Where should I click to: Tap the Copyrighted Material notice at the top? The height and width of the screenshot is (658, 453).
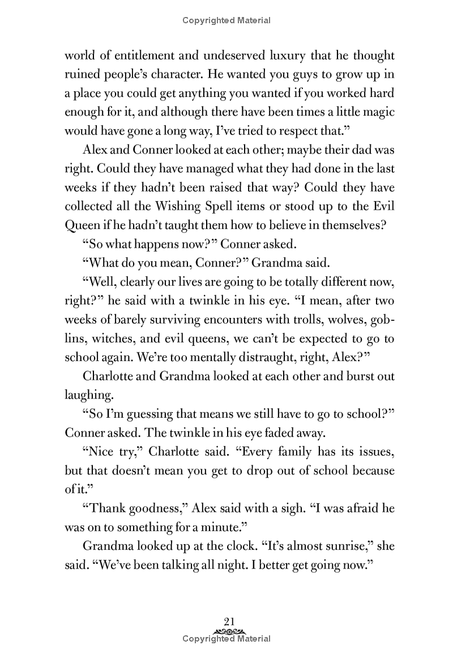[226, 21]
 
